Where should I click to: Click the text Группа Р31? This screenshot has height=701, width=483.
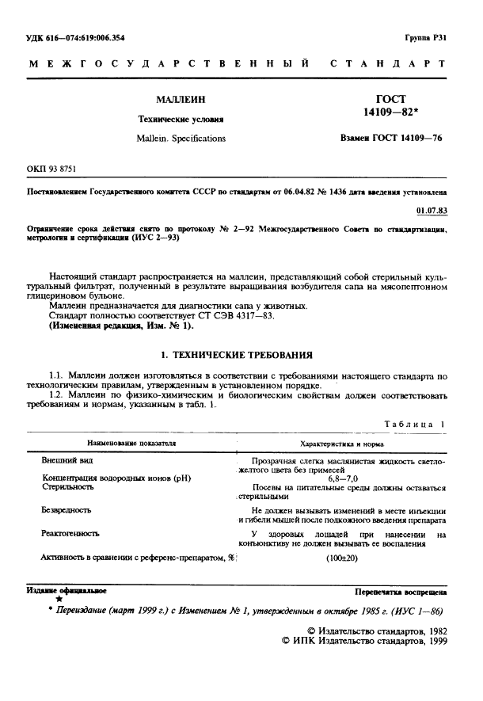425,37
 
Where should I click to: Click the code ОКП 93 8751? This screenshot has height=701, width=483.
53,170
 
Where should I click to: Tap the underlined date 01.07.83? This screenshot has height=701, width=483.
431,210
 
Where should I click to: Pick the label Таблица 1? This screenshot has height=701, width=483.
415,425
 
